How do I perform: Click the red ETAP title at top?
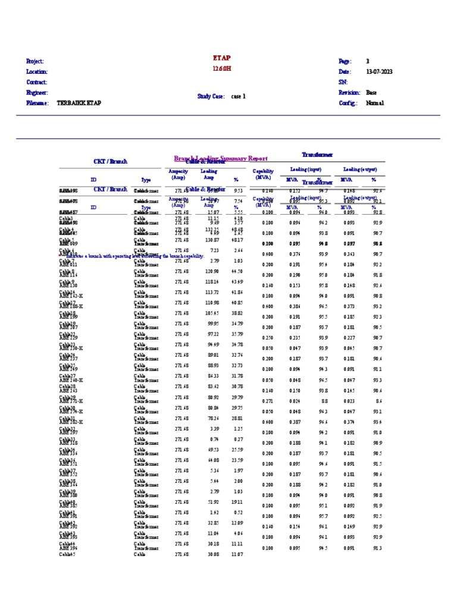tap(221, 58)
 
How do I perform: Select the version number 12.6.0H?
tap(221, 69)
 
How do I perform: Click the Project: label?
tap(35, 61)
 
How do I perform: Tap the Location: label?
tap(37, 72)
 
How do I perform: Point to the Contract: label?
tap(37, 82)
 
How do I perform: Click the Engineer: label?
tap(37, 93)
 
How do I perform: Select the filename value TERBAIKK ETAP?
tap(79, 103)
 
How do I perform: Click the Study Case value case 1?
tap(238, 96)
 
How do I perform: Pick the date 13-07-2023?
tap(379, 72)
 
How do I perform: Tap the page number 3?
tap(368, 61)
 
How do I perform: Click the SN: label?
tap(343, 82)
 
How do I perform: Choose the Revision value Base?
tap(371, 93)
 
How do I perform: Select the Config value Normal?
tap(375, 103)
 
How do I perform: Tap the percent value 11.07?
tap(237, 554)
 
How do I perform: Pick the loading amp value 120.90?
tap(211, 271)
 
